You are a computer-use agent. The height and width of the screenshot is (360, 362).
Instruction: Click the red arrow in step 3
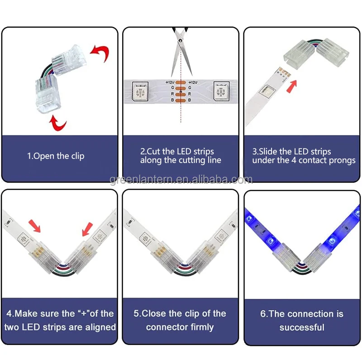click(x=291, y=86)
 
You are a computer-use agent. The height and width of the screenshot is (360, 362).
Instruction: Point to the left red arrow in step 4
click(x=35, y=226)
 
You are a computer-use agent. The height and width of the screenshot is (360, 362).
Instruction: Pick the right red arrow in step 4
click(x=88, y=229)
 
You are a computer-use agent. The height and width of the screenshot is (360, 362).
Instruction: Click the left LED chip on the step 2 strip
click(x=140, y=91)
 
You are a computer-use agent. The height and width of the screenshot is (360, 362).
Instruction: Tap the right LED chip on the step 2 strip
click(x=221, y=91)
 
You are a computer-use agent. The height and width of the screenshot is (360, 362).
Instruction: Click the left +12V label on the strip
click(x=170, y=82)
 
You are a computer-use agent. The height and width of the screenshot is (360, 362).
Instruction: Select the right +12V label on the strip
click(x=193, y=82)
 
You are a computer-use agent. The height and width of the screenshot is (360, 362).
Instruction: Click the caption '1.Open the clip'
click(x=56, y=156)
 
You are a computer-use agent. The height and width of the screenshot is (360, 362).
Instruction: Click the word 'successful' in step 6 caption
click(x=302, y=327)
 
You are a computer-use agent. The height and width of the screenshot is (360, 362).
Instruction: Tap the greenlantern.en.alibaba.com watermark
click(x=181, y=180)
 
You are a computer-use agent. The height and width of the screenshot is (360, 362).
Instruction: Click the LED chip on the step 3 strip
click(x=267, y=91)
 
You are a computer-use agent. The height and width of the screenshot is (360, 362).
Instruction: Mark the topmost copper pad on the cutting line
click(x=181, y=82)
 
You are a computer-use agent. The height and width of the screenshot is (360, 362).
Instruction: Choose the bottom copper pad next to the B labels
click(x=181, y=101)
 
